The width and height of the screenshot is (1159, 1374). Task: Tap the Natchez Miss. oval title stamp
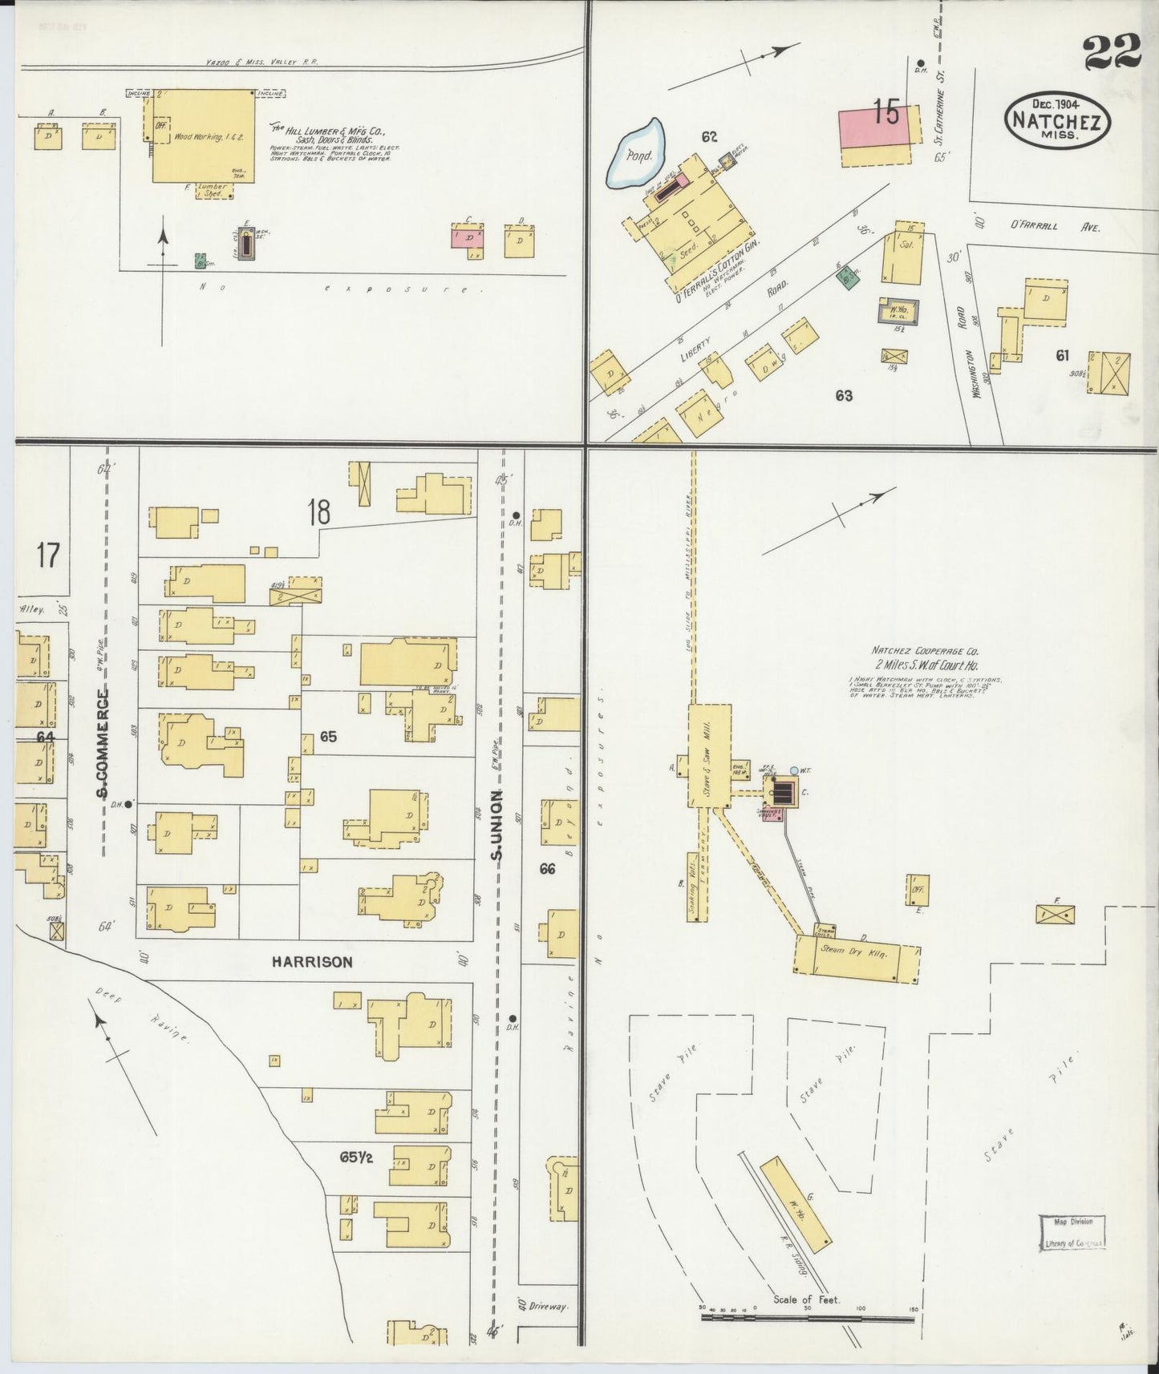(x=1057, y=120)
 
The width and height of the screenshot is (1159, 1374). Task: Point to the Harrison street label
(x=311, y=962)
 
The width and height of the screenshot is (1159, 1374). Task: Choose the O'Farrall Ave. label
(x=1056, y=227)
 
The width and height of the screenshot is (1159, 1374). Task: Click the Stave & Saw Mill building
(x=709, y=756)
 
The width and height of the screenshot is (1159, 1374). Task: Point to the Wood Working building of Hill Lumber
(x=204, y=136)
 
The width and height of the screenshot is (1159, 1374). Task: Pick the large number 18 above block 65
(x=319, y=511)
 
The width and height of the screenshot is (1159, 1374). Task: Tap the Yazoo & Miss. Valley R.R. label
(x=251, y=63)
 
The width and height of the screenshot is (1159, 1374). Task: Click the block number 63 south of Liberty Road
(x=843, y=395)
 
